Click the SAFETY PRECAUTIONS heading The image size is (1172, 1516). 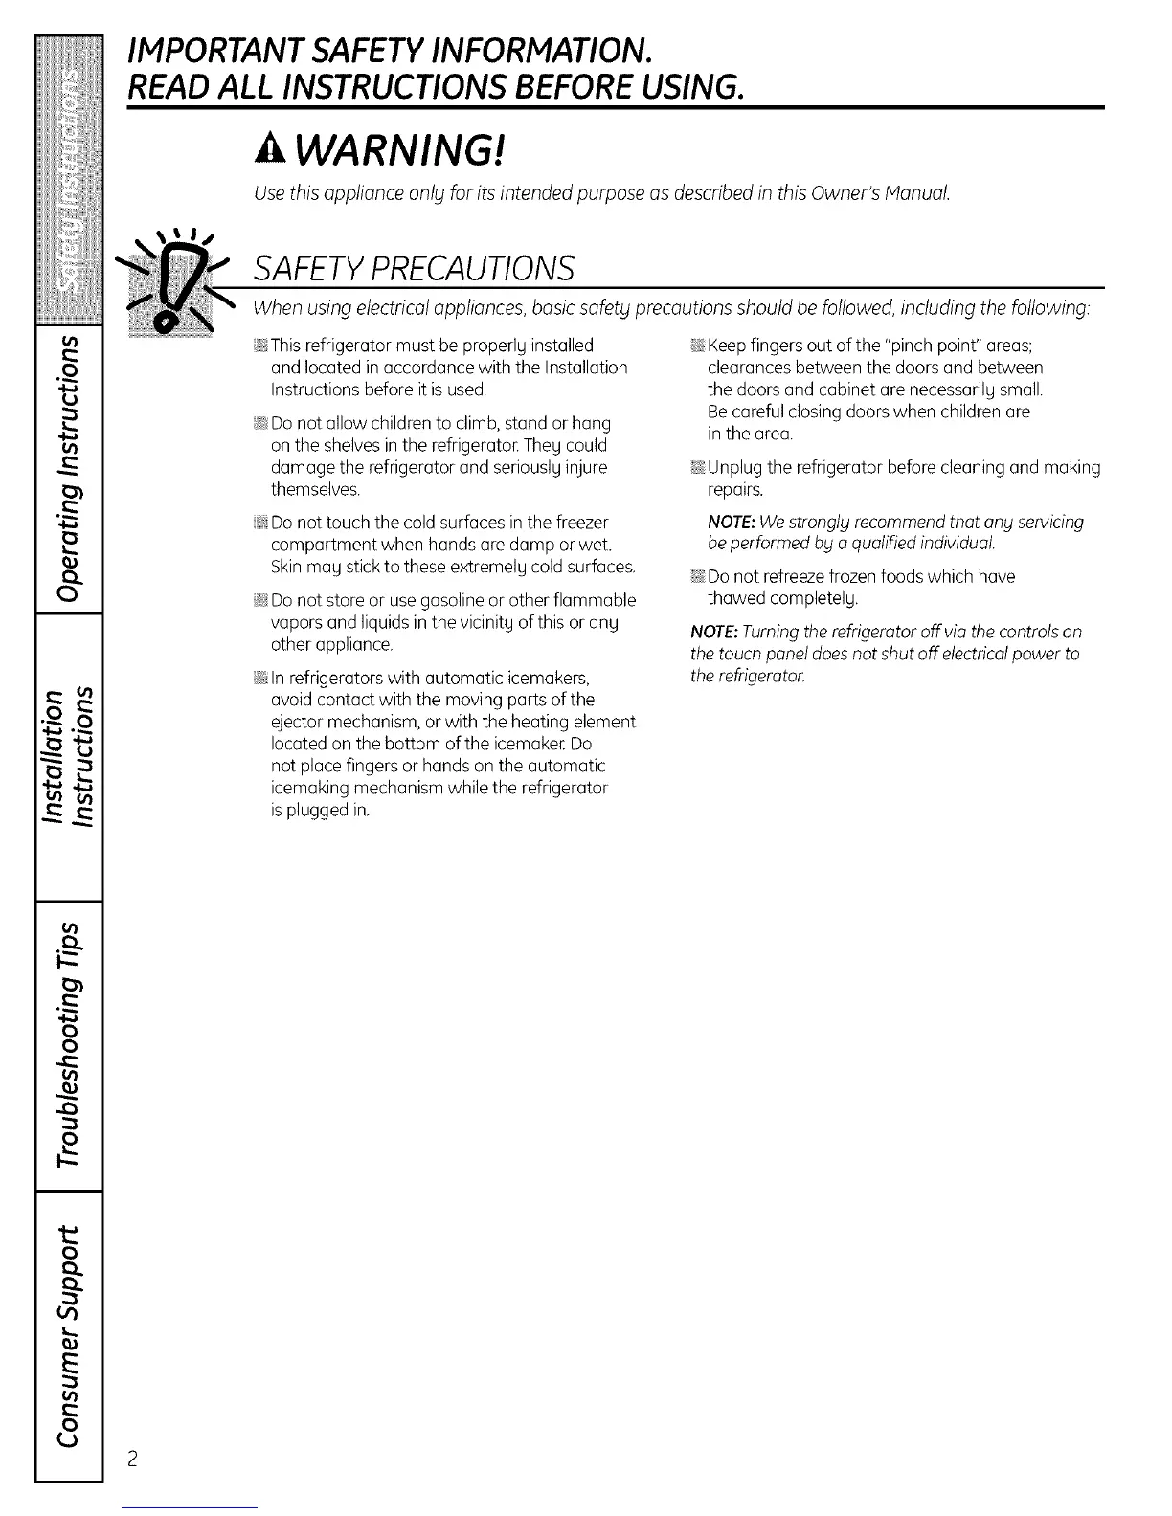pyautogui.click(x=414, y=268)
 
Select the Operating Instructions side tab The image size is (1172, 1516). pyautogui.click(x=69, y=469)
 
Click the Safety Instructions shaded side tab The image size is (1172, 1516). pyautogui.click(x=69, y=182)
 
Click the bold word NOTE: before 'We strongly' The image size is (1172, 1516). pyautogui.click(x=732, y=523)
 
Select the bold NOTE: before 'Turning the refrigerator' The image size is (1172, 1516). pyautogui.click(x=714, y=633)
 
